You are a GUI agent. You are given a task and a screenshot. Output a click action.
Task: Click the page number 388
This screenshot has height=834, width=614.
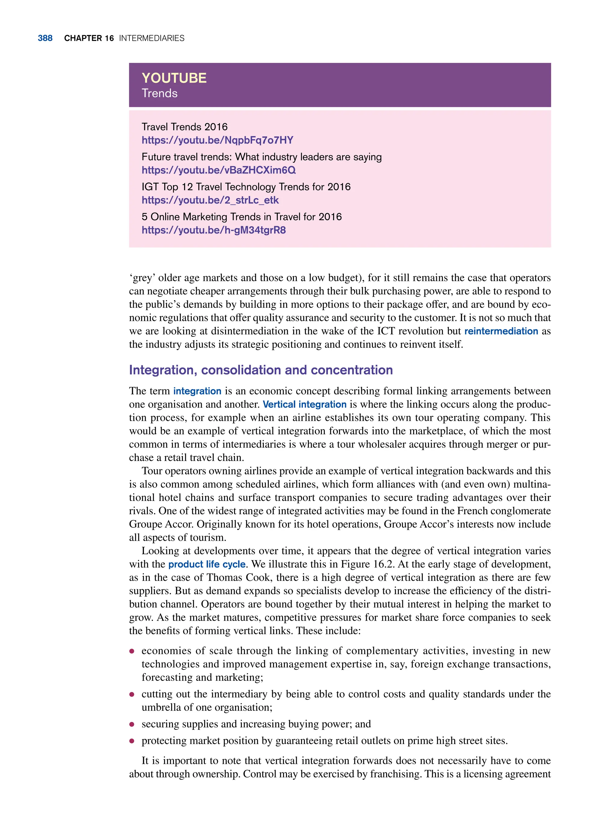[45, 38]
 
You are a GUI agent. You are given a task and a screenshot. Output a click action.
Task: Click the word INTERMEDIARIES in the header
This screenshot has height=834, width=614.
[152, 38]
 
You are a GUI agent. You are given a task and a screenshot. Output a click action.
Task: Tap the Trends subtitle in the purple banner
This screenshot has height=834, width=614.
[159, 93]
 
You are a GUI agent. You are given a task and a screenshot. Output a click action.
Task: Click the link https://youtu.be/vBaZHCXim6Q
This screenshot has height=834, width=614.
[219, 170]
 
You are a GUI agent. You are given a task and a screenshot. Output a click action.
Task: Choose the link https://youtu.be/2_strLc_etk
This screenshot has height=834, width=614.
[210, 200]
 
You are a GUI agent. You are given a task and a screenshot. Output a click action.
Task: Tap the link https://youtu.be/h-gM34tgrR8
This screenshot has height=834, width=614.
[214, 230]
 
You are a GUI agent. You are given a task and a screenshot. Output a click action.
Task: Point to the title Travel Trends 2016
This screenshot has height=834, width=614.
[184, 127]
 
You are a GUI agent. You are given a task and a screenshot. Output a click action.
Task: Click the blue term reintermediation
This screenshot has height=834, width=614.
[501, 331]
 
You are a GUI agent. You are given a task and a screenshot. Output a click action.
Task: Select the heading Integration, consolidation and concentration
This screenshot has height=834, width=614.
[261, 370]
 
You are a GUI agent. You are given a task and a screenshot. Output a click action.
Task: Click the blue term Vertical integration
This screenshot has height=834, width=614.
[304, 404]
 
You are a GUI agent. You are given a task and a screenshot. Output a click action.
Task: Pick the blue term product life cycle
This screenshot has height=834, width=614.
[207, 564]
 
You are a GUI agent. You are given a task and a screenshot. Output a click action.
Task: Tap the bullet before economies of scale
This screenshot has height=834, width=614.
[132, 651]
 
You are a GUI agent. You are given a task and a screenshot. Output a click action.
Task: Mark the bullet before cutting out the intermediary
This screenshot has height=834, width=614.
[132, 694]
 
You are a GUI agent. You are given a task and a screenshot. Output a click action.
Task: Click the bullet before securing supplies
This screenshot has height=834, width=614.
[132, 724]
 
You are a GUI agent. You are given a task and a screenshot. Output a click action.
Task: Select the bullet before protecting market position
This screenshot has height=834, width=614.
[132, 741]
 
